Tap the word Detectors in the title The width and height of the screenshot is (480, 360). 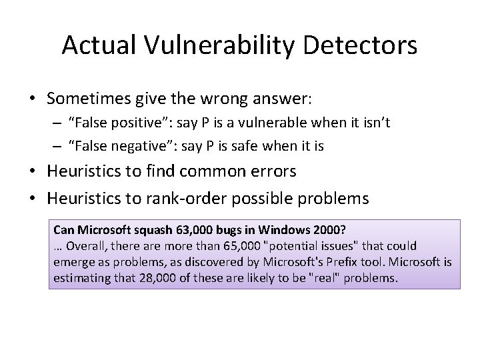pos(365,45)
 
